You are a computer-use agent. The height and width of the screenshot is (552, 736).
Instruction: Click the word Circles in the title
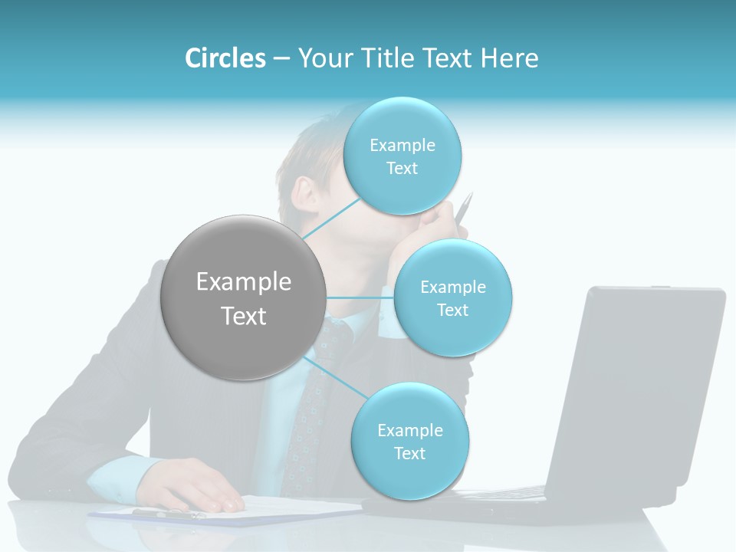pyautogui.click(x=225, y=58)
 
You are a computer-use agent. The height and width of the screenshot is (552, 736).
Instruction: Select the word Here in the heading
pyautogui.click(x=509, y=58)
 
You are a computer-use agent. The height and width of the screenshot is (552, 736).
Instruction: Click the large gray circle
pyautogui.click(x=243, y=297)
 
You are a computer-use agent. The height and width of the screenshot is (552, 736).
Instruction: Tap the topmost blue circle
pyautogui.click(x=402, y=156)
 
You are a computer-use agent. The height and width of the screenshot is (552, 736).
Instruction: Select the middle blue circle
pyautogui.click(x=452, y=297)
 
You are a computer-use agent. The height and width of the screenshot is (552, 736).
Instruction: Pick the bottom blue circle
pyautogui.click(x=409, y=441)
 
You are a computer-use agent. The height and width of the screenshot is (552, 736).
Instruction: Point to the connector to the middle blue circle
pyautogui.click(x=360, y=297)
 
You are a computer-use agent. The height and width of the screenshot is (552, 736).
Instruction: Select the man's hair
pyautogui.click(x=307, y=149)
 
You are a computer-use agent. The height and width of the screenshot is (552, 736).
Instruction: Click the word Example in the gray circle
pyautogui.click(x=243, y=282)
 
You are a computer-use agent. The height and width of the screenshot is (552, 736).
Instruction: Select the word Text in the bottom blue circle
pyautogui.click(x=409, y=453)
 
